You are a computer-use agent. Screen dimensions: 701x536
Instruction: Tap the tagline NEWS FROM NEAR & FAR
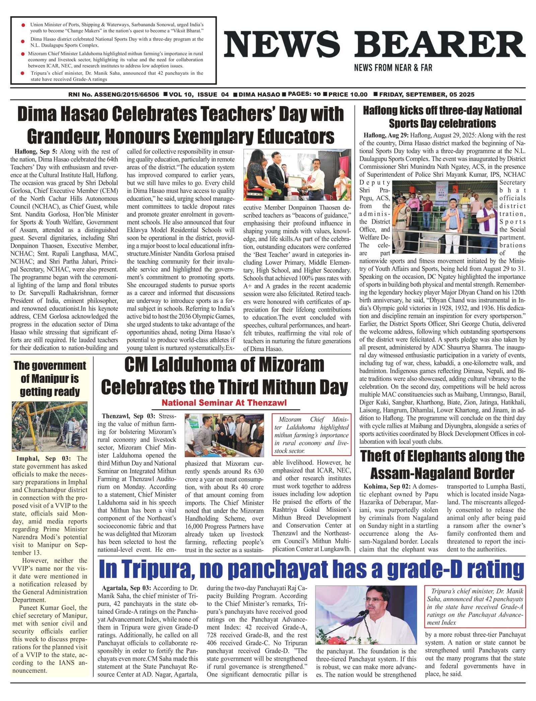[393, 68]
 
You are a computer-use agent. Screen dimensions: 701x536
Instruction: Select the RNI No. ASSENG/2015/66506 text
[114, 94]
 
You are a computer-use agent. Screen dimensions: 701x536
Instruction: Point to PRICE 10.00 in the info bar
[348, 94]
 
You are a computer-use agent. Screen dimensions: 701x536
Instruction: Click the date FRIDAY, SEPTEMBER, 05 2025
[426, 94]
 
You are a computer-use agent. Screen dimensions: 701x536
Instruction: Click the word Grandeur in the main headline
[64, 136]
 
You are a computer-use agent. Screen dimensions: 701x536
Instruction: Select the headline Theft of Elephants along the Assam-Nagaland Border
[442, 465]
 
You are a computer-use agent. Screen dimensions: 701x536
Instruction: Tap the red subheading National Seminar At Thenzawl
[224, 403]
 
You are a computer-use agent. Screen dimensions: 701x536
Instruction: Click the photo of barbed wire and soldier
[50, 427]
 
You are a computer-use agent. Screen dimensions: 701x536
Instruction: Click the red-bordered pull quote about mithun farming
[312, 435]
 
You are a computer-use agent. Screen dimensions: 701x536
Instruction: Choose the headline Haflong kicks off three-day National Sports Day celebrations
[442, 117]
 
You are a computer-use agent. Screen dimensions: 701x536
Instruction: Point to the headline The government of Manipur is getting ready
[50, 379]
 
